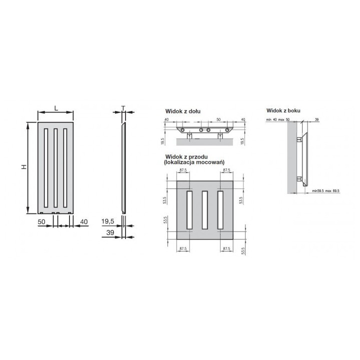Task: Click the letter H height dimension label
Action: (x=23, y=166)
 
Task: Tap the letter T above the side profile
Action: (x=122, y=108)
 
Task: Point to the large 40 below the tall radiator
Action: (x=83, y=221)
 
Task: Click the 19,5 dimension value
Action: (x=108, y=221)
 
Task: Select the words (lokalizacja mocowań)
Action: (x=193, y=163)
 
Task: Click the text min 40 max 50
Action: (x=278, y=120)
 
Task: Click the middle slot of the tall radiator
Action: (x=55, y=168)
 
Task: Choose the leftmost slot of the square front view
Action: (x=189, y=212)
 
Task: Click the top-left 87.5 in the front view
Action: (x=183, y=170)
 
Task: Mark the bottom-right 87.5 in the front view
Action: (x=226, y=248)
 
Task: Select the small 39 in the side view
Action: (x=317, y=120)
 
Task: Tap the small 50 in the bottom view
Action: (x=218, y=120)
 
